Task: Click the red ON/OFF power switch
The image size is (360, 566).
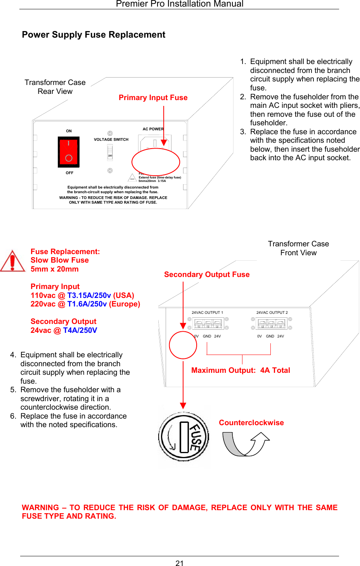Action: point(69,152)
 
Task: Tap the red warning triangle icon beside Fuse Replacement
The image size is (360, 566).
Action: point(12,261)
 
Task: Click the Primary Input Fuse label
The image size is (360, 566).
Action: point(153,98)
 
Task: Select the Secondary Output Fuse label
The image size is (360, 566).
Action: point(207,275)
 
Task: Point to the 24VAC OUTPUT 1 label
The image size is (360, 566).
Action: point(207,313)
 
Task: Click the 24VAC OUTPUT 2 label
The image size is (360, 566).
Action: point(272,313)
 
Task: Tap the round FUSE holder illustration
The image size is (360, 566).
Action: point(183,437)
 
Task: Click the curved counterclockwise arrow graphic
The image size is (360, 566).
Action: point(246,444)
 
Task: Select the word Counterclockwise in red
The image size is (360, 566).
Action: point(251,423)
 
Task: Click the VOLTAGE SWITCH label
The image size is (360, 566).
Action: point(111,140)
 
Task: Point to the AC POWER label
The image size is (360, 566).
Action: point(153,129)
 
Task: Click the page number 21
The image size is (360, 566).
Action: point(180,563)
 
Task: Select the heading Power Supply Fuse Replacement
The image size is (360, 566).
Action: point(93,35)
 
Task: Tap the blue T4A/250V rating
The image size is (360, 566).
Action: point(80,331)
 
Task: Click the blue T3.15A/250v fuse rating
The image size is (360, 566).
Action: point(89,296)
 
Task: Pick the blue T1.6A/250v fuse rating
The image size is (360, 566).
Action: point(87,304)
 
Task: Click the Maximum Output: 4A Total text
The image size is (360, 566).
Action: point(241,370)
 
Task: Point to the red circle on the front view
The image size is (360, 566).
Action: point(183,345)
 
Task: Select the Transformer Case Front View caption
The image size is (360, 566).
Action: point(298,248)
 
